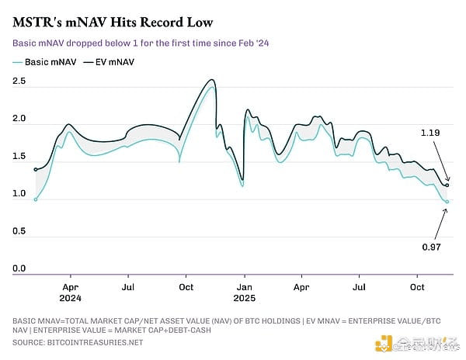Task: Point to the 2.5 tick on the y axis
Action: pyautogui.click(x=19, y=81)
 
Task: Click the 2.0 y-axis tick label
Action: pyautogui.click(x=19, y=119)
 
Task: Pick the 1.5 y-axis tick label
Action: pyautogui.click(x=19, y=157)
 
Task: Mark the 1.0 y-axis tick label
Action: pyautogui.click(x=19, y=194)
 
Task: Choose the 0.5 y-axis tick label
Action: pyautogui.click(x=19, y=231)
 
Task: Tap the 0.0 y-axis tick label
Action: pyautogui.click(x=19, y=268)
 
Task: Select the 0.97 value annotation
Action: pyautogui.click(x=431, y=247)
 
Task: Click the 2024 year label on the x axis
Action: pyautogui.click(x=71, y=297)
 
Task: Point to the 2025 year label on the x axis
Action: pyautogui.click(x=243, y=297)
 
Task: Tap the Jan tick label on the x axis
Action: pyautogui.click(x=243, y=286)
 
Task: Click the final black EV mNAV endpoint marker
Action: pyautogui.click(x=447, y=185)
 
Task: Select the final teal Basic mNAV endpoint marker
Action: pyautogui.click(x=447, y=202)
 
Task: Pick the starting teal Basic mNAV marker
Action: pyautogui.click(x=36, y=199)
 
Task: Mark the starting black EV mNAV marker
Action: pyautogui.click(x=36, y=169)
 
